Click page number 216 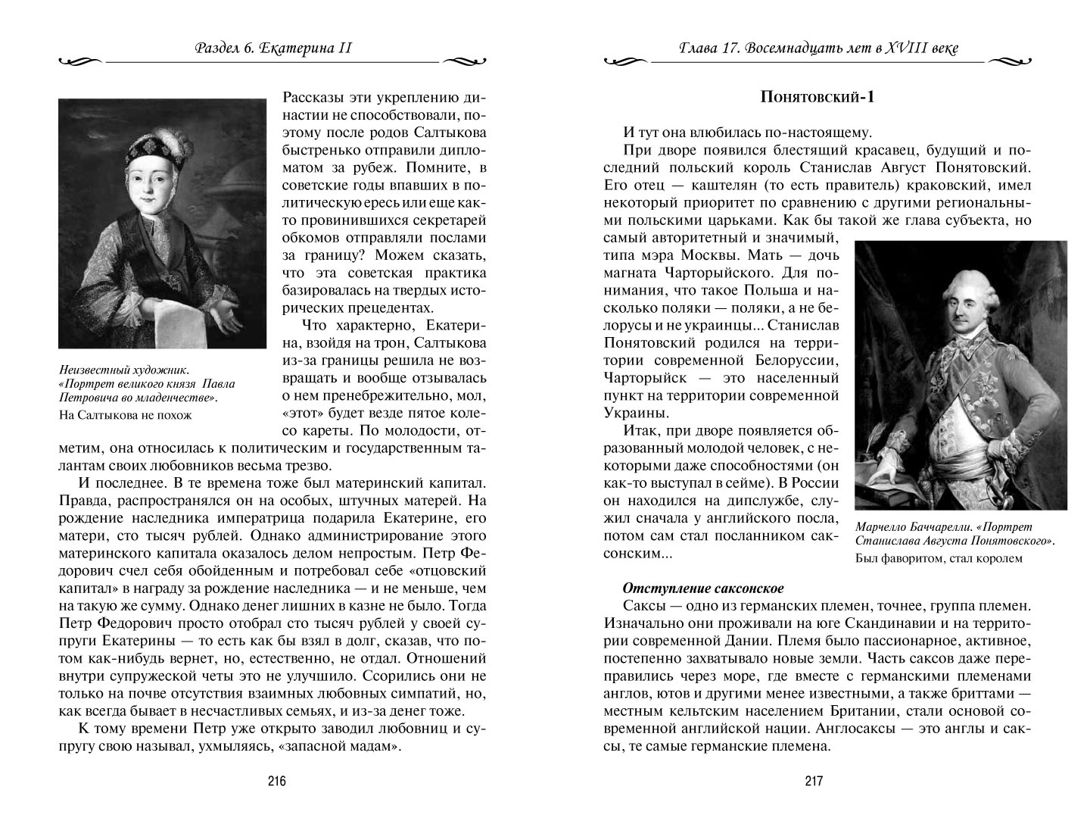coord(275,782)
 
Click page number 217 coord(814,782)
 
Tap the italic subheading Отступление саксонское coord(702,588)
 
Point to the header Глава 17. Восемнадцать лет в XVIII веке coord(814,50)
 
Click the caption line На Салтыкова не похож coord(125,415)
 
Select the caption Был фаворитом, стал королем coord(939,559)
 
